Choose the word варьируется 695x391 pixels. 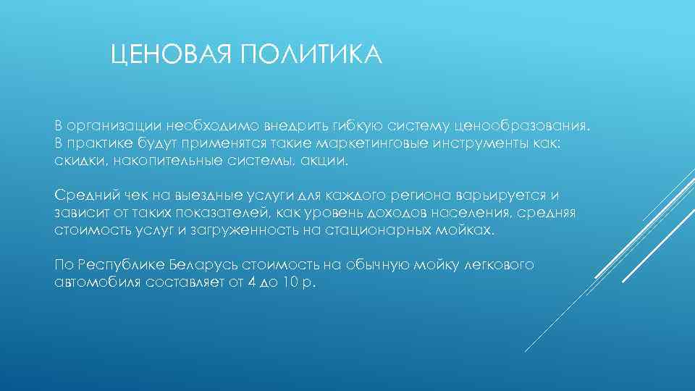[x=505, y=196]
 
